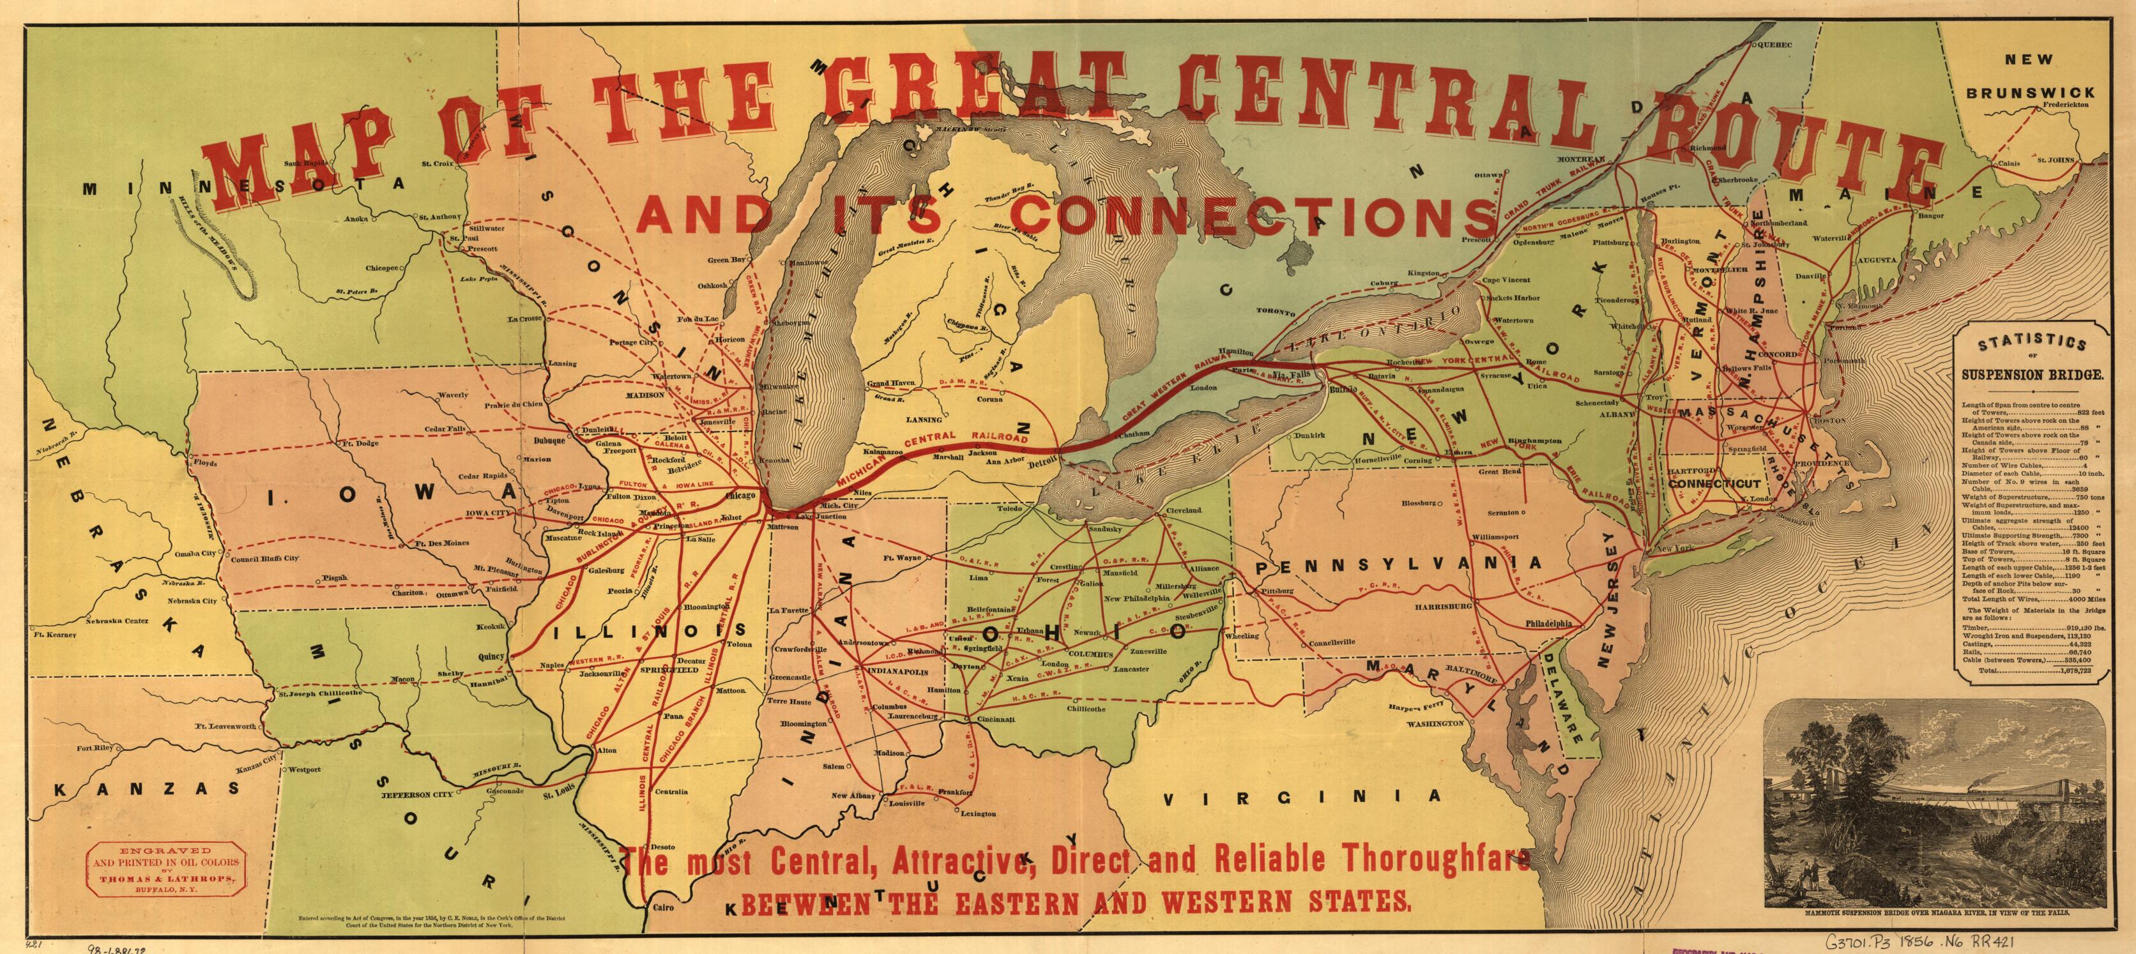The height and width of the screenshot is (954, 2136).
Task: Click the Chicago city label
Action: [740, 496]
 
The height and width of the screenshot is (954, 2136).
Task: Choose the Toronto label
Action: [1274, 312]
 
